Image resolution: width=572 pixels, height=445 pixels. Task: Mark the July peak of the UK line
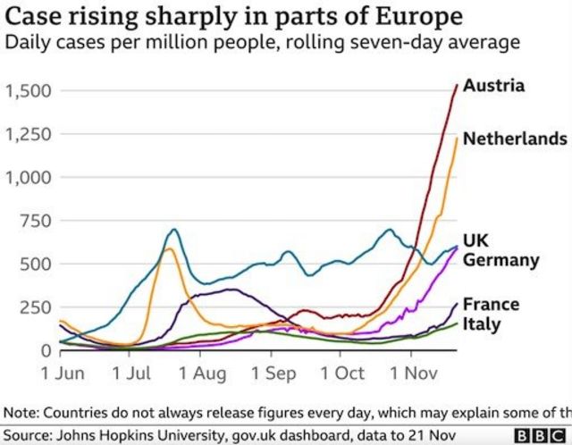[x=172, y=230]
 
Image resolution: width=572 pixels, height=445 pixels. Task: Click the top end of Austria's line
[x=457, y=85]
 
